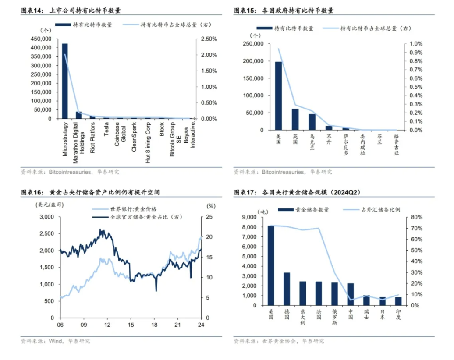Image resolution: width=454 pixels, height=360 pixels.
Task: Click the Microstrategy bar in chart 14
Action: (65, 81)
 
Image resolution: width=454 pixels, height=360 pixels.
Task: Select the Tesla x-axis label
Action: (106, 130)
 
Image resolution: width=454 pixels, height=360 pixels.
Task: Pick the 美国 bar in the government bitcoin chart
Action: (278, 96)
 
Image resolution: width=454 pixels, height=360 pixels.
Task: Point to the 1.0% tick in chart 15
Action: (415, 44)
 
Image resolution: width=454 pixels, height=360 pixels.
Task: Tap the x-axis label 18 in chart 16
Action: (154, 325)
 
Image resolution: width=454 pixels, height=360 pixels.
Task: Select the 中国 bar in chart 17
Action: (351, 294)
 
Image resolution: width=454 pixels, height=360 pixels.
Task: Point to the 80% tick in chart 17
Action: (416, 217)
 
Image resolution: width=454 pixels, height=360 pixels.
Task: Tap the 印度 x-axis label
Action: (398, 314)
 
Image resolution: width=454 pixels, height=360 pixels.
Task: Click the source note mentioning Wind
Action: (55, 341)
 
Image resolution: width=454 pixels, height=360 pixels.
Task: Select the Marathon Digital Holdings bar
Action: (79, 115)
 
